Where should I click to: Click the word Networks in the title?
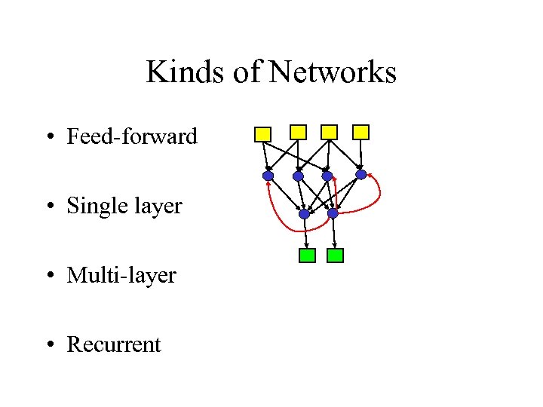[x=332, y=72]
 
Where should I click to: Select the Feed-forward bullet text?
[x=132, y=136]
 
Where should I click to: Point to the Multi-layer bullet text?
[x=121, y=275]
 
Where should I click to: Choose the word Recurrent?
[x=114, y=344]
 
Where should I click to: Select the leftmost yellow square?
[x=262, y=135]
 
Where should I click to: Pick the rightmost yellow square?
[x=362, y=132]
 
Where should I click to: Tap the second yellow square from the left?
[x=299, y=132]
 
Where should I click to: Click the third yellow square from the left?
[x=329, y=132]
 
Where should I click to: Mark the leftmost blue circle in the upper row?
[x=268, y=176]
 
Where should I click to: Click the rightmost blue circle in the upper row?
[x=361, y=175]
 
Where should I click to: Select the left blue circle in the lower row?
[x=304, y=214]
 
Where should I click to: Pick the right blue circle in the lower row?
[x=333, y=214]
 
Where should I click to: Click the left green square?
[x=307, y=256]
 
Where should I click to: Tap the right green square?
[x=336, y=256]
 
